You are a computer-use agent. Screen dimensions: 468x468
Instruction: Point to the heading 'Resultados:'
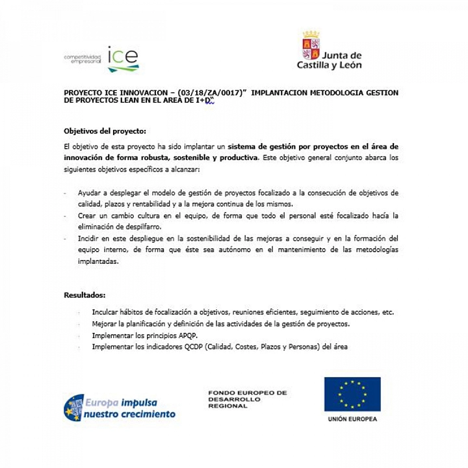84,294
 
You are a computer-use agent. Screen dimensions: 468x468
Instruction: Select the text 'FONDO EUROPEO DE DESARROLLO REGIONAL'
247,399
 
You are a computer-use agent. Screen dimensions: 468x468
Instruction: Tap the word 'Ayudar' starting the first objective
90,193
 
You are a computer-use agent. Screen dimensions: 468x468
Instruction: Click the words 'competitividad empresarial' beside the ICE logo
83,59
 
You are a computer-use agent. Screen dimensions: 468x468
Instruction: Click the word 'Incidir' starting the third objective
88,239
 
